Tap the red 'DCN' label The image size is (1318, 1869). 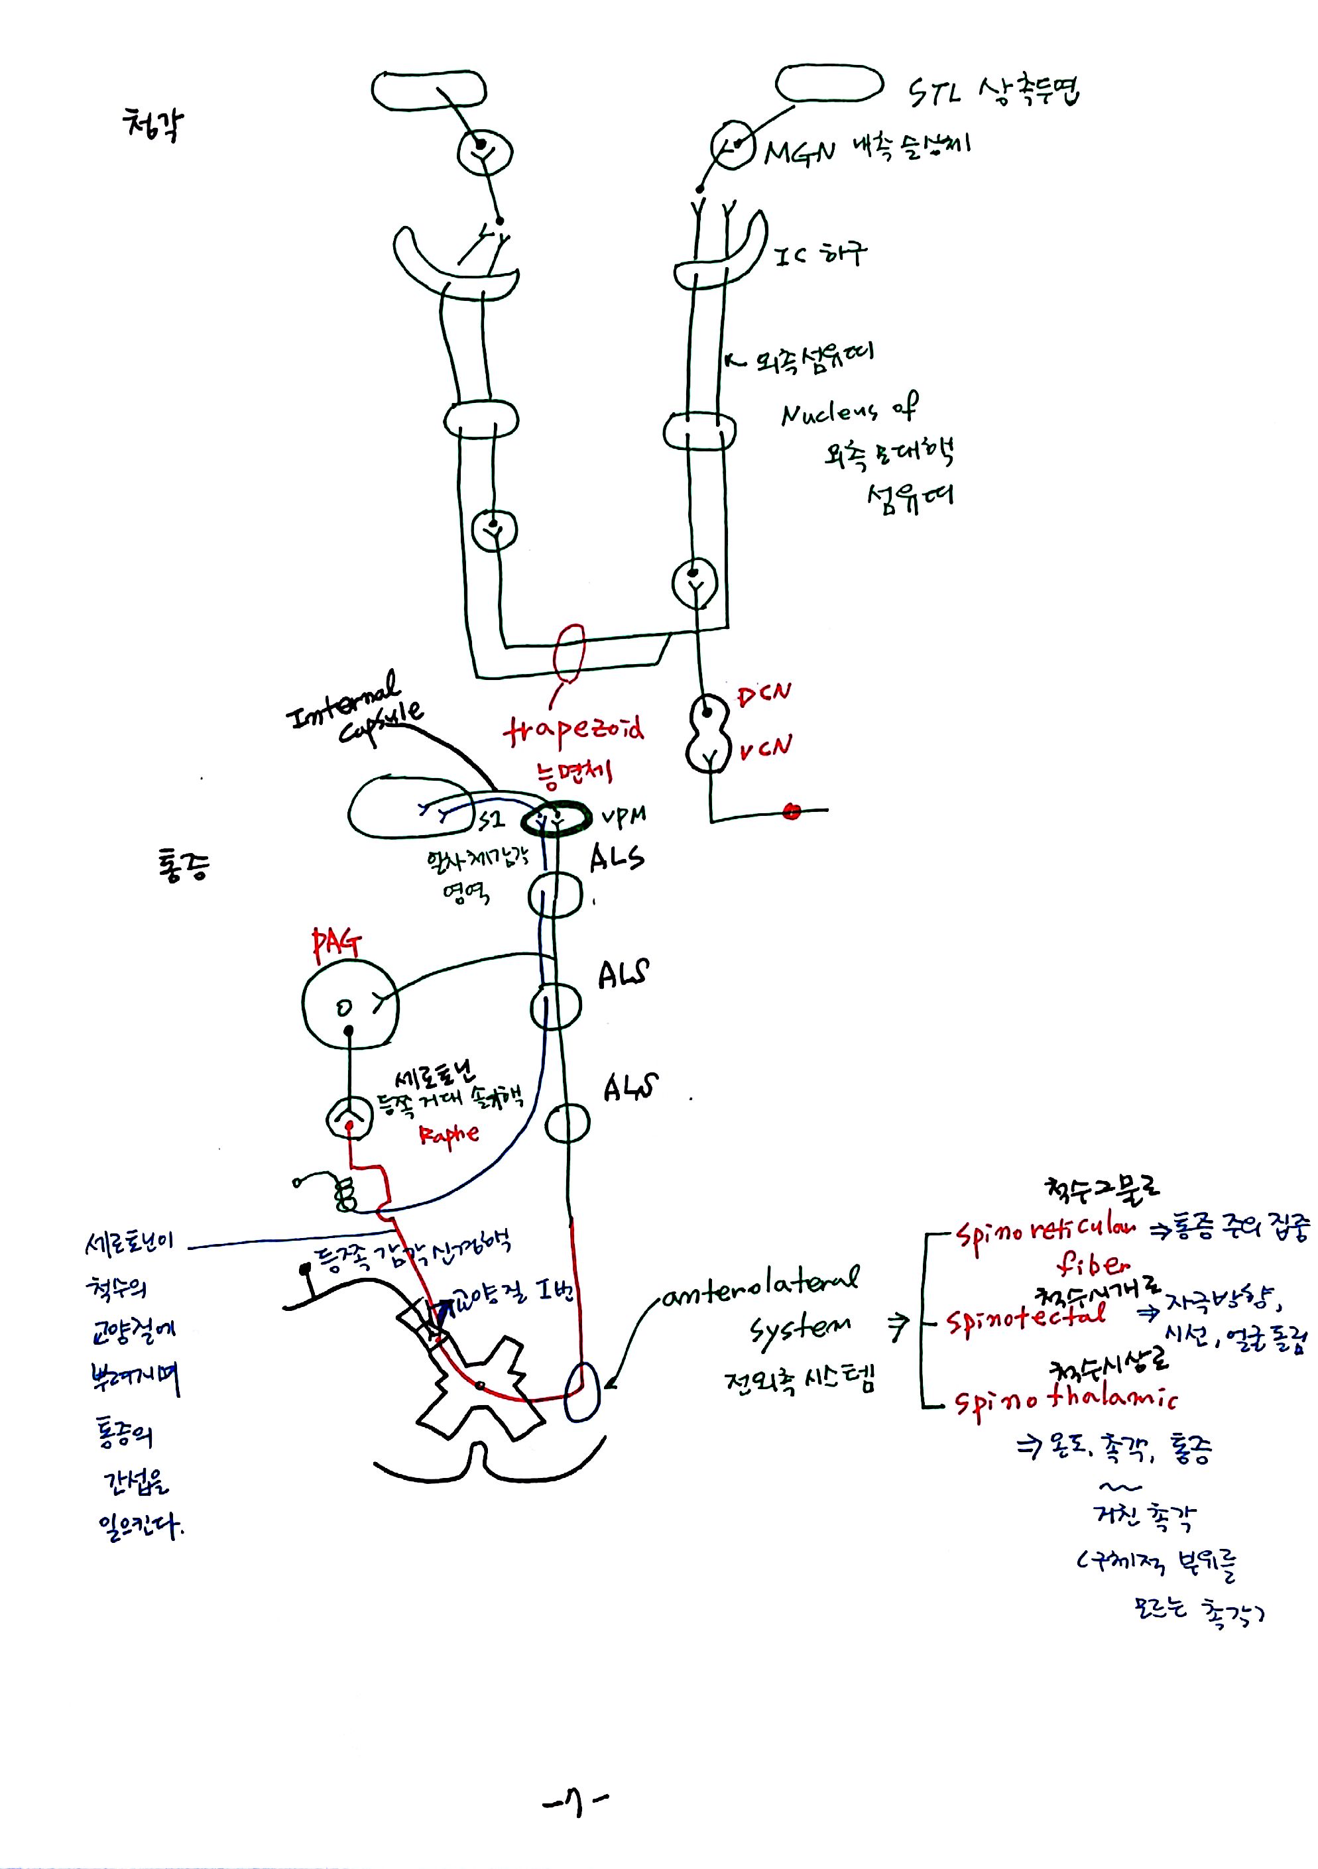point(763,695)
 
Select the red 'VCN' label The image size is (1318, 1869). point(764,748)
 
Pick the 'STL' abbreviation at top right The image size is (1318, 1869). point(933,93)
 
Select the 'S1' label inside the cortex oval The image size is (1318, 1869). point(491,820)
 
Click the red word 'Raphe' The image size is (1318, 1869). point(449,1133)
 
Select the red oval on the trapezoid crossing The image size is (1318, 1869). point(569,652)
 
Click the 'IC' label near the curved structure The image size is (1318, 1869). point(788,256)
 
